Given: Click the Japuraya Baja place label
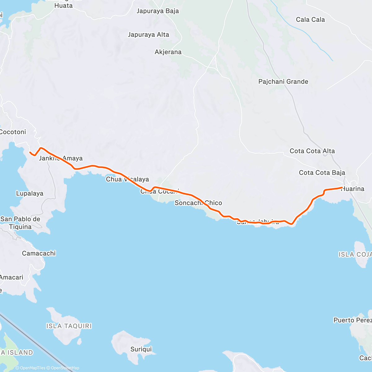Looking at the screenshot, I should [157, 11].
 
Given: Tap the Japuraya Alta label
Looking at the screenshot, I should [148, 35].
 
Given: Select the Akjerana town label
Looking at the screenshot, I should [168, 52].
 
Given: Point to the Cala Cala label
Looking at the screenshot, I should [310, 20].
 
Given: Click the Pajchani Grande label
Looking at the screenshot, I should [283, 82].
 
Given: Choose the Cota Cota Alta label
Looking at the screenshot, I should [312, 151].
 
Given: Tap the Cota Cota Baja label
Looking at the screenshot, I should [322, 173].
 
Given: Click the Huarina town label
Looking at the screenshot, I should [353, 189].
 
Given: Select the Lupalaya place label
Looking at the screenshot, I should [30, 194].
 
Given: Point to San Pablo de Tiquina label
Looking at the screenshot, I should [20, 223].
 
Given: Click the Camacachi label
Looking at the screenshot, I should [39, 254].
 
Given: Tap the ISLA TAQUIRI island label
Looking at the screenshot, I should [69, 326].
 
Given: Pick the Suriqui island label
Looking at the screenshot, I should [141, 349].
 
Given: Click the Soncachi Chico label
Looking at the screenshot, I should [198, 203].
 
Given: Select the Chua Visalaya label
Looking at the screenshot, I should [127, 179].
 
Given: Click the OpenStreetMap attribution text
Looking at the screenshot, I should [65, 368].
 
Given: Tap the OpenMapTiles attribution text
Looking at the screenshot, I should [32, 368].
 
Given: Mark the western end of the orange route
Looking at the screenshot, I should [30, 153].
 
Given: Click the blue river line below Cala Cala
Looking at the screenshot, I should [313, 40].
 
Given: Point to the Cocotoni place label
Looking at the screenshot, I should [13, 132].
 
